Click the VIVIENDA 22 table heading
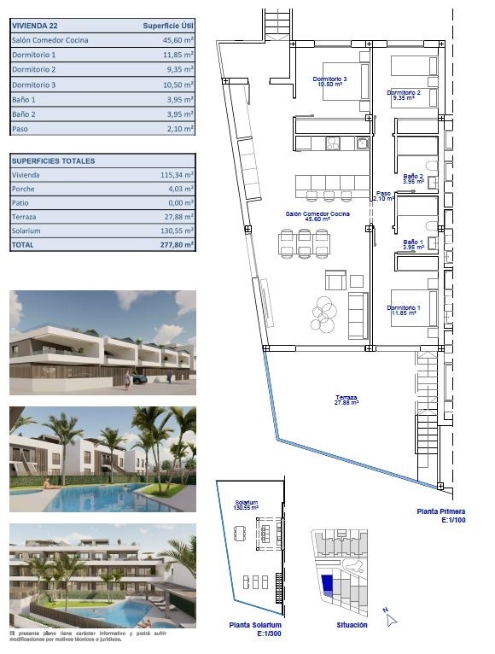point(35,26)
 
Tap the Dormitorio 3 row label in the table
point(34,85)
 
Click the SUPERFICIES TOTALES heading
point(53,161)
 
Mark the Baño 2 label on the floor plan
point(414,178)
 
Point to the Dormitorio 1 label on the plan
point(402,310)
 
